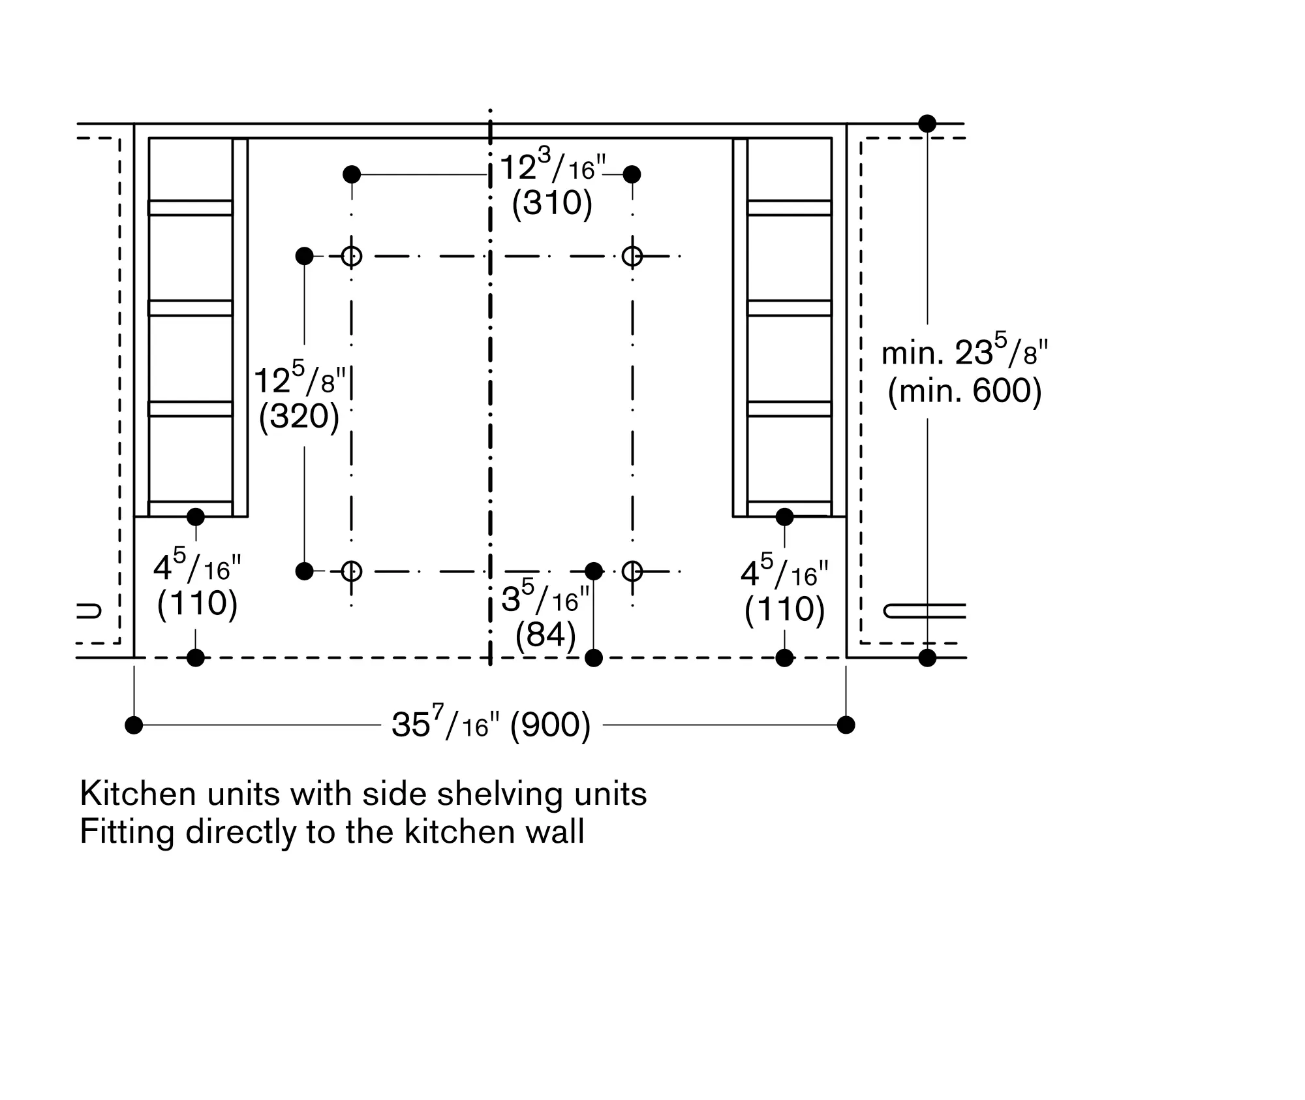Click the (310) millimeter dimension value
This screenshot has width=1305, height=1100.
click(x=552, y=203)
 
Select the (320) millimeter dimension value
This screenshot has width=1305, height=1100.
click(x=299, y=416)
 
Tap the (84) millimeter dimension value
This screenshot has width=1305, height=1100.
click(x=545, y=634)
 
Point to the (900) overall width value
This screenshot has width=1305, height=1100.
click(x=550, y=725)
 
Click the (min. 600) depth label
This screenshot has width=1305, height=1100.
click(x=964, y=390)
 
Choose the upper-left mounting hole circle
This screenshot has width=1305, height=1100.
click(x=352, y=256)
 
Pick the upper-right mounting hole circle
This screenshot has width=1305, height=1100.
click(x=632, y=256)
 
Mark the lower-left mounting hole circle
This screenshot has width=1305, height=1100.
click(x=352, y=571)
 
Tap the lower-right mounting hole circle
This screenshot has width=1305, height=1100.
click(x=632, y=571)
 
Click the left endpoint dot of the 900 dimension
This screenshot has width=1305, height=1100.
click(x=134, y=725)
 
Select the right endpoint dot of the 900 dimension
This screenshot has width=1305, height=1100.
click(x=846, y=725)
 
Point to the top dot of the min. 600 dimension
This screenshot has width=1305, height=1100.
click(x=927, y=123)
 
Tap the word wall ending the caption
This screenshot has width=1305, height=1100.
click(x=558, y=832)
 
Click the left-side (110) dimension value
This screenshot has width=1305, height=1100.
click(x=197, y=603)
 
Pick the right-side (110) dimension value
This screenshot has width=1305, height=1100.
click(x=784, y=610)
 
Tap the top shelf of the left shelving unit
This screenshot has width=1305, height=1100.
click(x=191, y=208)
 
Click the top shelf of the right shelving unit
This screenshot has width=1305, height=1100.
click(x=790, y=208)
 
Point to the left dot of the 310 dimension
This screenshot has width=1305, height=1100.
click(x=352, y=174)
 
